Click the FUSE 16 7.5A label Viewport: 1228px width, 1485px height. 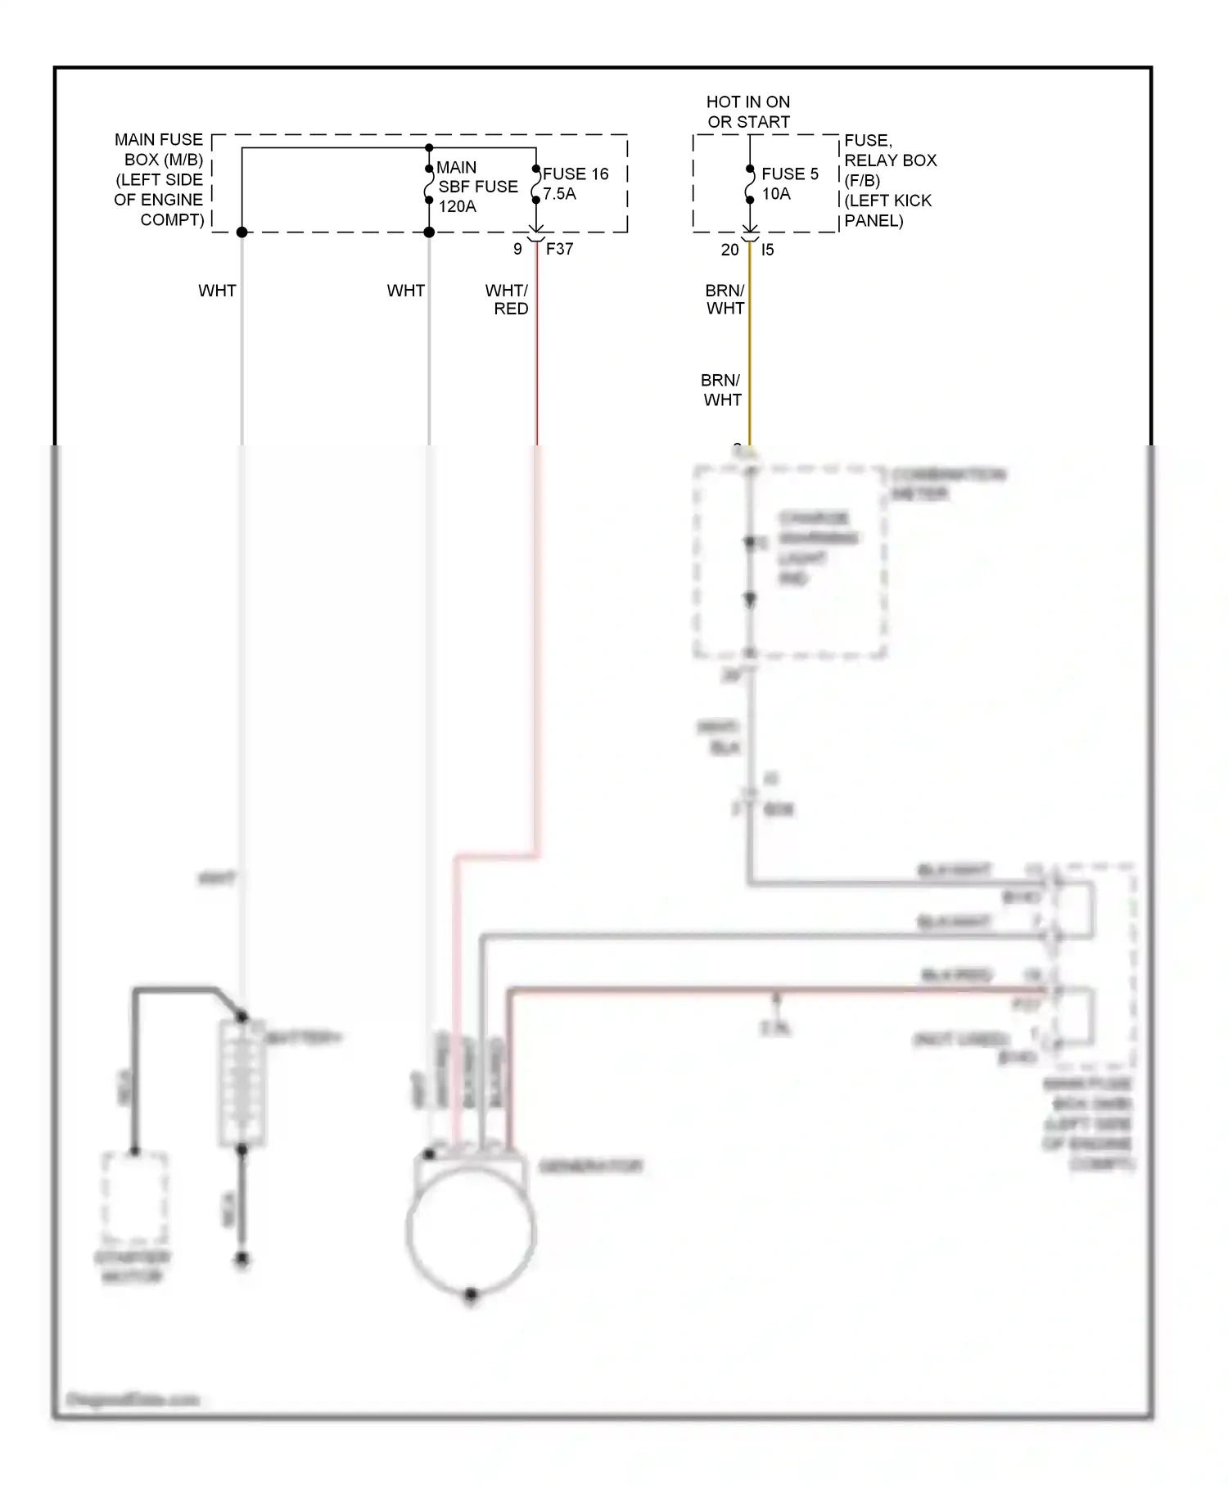coord(575,183)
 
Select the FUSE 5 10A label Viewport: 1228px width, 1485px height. coord(789,183)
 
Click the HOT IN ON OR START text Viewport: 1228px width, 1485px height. coord(748,111)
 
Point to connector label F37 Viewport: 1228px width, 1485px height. coord(559,249)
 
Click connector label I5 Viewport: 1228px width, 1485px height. coord(767,250)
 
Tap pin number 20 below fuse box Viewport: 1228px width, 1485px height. coord(729,250)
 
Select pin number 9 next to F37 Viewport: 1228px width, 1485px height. coord(517,249)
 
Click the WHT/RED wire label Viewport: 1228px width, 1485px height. coord(508,299)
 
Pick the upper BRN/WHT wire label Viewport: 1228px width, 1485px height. coord(725,299)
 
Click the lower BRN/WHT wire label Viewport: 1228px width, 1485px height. coord(721,390)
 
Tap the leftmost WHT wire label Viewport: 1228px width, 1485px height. coord(217,291)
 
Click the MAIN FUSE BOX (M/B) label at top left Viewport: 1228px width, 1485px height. coord(159,179)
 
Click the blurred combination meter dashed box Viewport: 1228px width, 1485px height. coord(789,562)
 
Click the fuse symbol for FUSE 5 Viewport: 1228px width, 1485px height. coord(750,184)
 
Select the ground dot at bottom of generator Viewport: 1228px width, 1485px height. coord(471,1294)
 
